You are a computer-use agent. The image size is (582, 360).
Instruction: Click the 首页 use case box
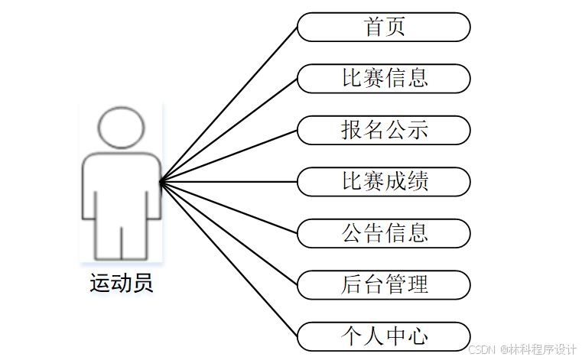click(383, 28)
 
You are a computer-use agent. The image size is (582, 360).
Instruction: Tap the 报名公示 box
click(383, 130)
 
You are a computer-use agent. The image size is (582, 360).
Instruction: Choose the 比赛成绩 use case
click(383, 181)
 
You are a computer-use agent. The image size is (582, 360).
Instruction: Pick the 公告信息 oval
click(383, 232)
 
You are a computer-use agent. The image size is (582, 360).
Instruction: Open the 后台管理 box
click(383, 284)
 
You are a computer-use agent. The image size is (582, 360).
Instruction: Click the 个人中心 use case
click(383, 336)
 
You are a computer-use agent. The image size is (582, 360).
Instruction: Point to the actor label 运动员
click(121, 283)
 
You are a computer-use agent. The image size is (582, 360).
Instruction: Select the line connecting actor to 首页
click(229, 104)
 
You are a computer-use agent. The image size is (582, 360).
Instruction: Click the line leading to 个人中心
click(229, 259)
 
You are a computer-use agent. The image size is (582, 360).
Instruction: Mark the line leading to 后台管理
click(229, 233)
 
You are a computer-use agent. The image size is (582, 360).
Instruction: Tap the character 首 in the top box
click(373, 28)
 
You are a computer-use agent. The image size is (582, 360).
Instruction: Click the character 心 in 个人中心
click(417, 336)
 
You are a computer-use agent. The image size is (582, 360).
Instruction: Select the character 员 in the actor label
click(142, 283)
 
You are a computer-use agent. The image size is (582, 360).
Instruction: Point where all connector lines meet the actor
click(161, 181)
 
